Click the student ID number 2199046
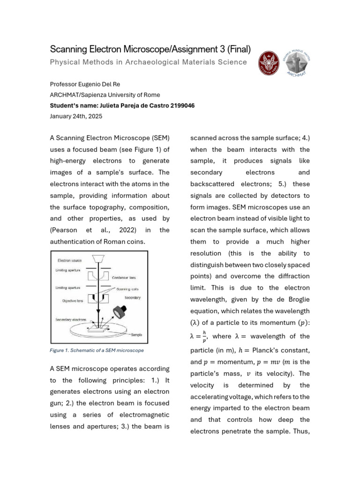coord(180,105)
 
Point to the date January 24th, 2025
coord(76,116)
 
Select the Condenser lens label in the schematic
coord(124,277)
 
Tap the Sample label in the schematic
coord(137,335)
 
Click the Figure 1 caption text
coord(97,350)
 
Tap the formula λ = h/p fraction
coord(199,336)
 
